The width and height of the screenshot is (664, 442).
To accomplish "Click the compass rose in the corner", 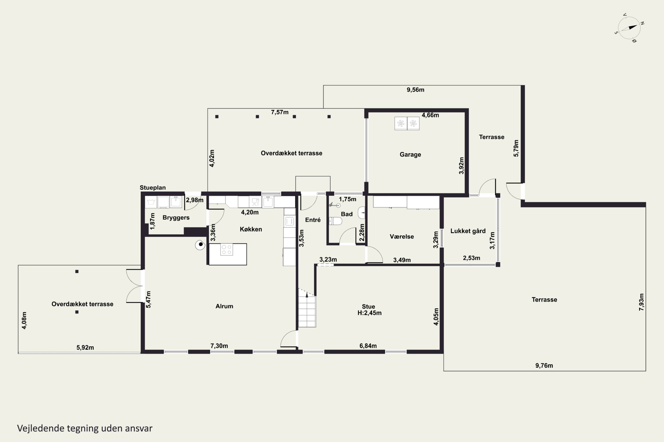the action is pos(629,28).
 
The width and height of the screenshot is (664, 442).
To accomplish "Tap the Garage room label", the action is pos(410,154).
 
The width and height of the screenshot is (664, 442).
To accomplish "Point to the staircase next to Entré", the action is pos(307,308).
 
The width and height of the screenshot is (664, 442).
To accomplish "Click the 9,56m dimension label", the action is pos(415,90).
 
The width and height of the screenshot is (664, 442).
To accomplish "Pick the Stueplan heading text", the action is pos(153,188).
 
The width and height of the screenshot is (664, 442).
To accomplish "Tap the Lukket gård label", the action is pos(468,231).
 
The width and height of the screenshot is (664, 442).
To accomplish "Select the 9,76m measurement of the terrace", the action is pos(544,366).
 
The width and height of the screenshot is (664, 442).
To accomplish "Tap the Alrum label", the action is pos(224,306).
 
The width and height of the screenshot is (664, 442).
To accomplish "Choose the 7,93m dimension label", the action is pos(641,302).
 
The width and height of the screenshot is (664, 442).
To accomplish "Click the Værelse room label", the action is pos(402,236).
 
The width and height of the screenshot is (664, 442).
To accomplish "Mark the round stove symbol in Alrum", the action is pos(200,245).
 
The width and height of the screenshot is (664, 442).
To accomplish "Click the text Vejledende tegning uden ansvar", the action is pos(85,428).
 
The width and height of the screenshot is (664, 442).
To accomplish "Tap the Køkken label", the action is pos(251,229).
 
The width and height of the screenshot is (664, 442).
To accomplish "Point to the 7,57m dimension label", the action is pos(280,112).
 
